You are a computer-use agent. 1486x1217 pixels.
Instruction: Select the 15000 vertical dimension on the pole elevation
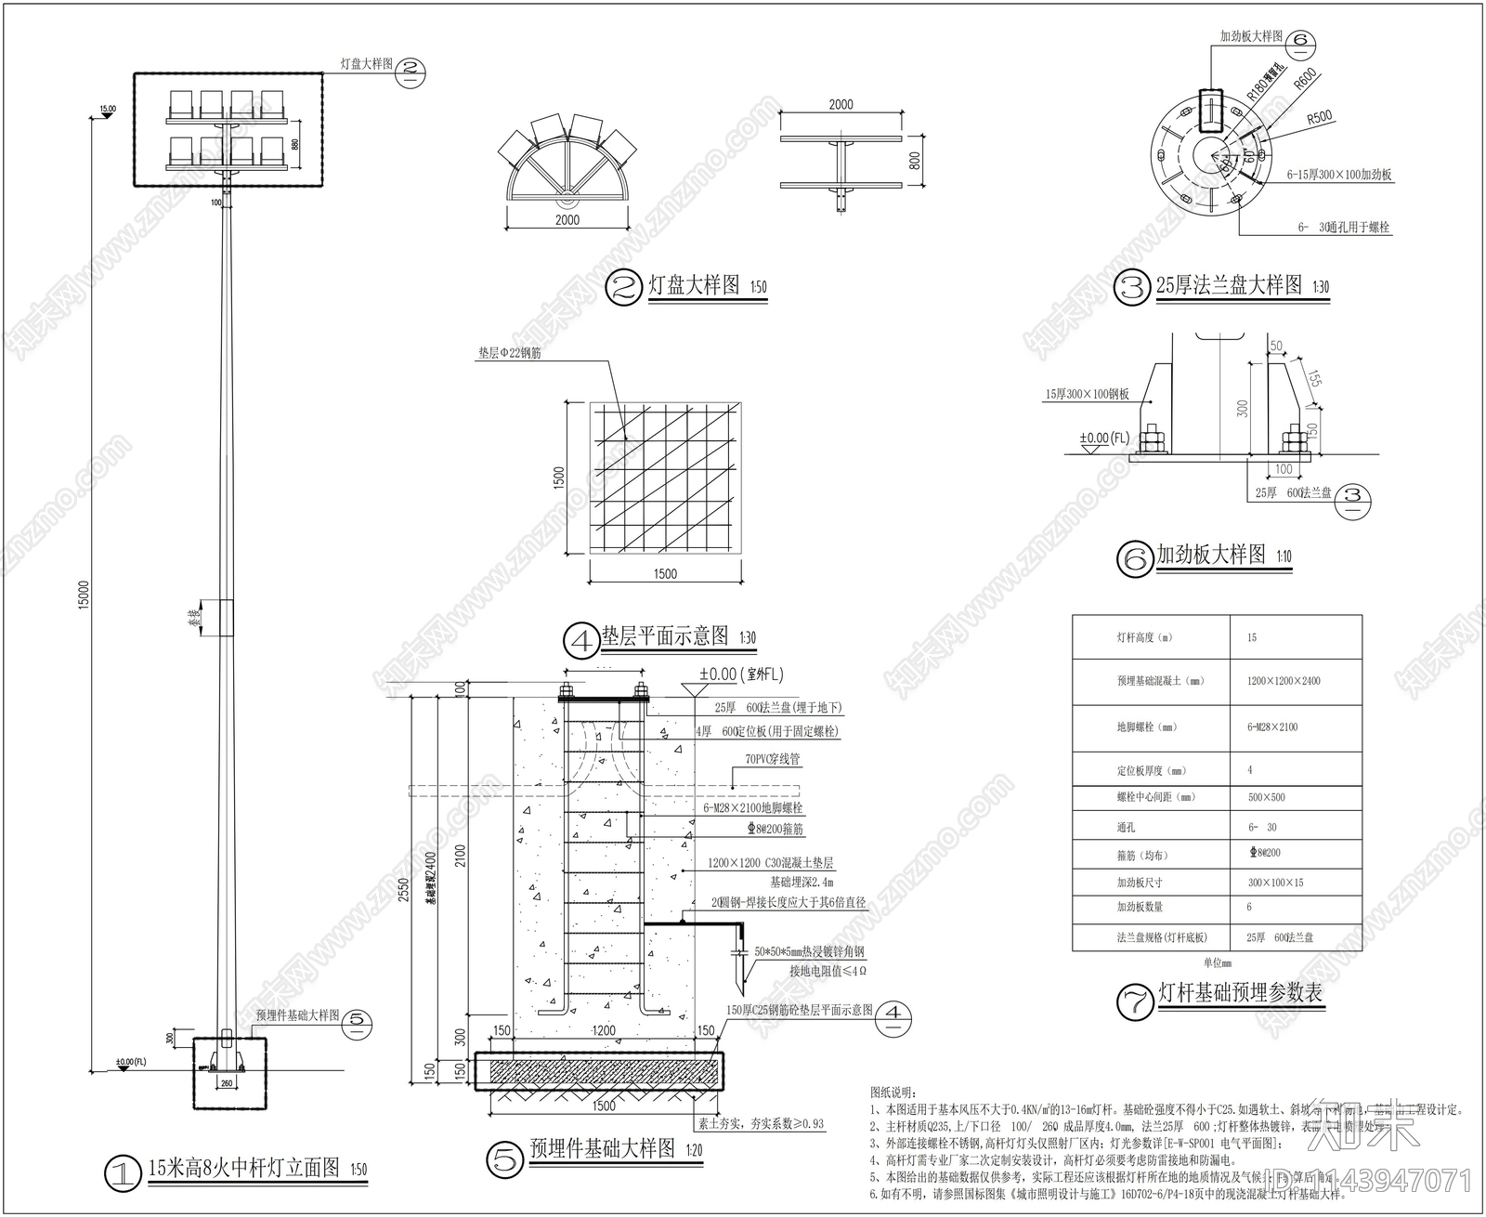(84, 595)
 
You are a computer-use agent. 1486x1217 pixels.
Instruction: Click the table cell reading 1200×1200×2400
(1283, 681)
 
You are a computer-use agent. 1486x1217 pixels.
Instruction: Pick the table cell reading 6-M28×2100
(1271, 727)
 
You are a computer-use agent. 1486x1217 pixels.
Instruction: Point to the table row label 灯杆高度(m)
(1144, 637)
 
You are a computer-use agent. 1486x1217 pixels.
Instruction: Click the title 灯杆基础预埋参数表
(1239, 993)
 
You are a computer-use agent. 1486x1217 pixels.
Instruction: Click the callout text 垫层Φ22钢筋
(510, 354)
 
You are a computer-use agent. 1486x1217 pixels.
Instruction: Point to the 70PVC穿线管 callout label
(772, 759)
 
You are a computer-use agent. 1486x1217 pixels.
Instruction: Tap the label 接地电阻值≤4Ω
(828, 971)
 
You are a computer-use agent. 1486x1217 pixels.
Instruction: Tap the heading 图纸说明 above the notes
(892, 1092)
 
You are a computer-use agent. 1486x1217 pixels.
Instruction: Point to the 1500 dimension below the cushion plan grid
(665, 574)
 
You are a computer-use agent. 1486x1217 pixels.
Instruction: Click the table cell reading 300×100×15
(1275, 882)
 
